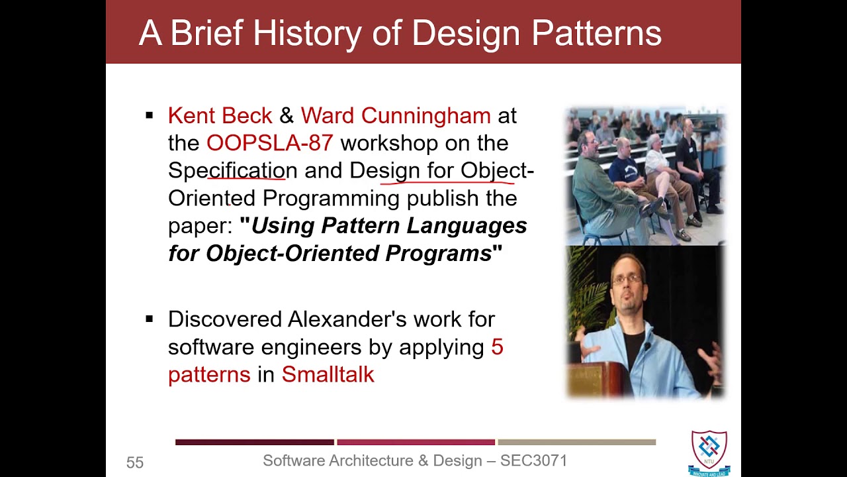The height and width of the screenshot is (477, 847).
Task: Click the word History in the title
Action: pyautogui.click(x=307, y=34)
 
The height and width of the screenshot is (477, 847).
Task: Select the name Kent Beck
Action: pyautogui.click(x=220, y=115)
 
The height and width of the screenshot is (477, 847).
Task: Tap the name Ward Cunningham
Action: pyautogui.click(x=396, y=115)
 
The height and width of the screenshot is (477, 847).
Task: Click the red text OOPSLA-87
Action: pyautogui.click(x=269, y=143)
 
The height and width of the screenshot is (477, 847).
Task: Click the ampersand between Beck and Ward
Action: pyautogui.click(x=287, y=115)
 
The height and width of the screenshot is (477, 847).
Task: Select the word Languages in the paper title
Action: pyautogui.click(x=467, y=227)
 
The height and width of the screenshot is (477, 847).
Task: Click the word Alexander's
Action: pyautogui.click(x=347, y=319)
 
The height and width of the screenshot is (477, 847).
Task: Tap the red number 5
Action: pyautogui.click(x=497, y=346)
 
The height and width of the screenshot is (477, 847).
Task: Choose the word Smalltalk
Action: pyautogui.click(x=328, y=374)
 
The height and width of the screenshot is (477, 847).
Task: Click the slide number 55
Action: pyautogui.click(x=135, y=462)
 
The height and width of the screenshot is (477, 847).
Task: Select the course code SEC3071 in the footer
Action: pyautogui.click(x=533, y=460)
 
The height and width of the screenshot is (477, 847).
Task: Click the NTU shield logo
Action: pyautogui.click(x=709, y=452)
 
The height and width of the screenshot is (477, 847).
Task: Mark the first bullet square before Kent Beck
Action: pyautogui.click(x=150, y=115)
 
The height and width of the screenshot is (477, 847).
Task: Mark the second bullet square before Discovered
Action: pyautogui.click(x=150, y=319)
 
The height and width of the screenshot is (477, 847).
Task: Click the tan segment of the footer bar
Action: pyautogui.click(x=576, y=442)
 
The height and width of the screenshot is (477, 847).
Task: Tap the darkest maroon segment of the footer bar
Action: pyautogui.click(x=255, y=442)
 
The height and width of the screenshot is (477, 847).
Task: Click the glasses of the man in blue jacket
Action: pyautogui.click(x=627, y=280)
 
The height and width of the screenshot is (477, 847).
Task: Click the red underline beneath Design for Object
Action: pyautogui.click(x=447, y=184)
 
